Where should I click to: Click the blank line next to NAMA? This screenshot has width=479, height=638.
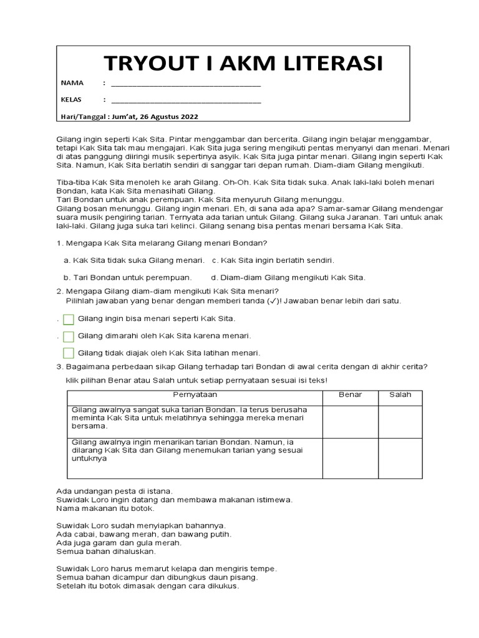pos(186,83)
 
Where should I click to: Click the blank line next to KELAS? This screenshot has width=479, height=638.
pos(186,100)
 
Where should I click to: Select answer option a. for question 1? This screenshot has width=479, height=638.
pos(67,260)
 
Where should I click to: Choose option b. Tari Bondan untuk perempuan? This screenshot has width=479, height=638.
pos(67,277)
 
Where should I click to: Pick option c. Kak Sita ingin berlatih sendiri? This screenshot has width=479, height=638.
pos(215,260)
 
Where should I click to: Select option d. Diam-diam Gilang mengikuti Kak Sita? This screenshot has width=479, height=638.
pos(215,277)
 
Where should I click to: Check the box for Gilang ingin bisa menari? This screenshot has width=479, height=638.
pos(69,320)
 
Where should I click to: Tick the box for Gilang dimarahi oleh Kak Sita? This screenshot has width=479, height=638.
pos(69,336)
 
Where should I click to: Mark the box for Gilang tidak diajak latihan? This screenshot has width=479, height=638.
pos(69,353)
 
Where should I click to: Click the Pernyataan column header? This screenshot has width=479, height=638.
pos(194,395)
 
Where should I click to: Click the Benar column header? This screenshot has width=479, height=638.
pos(350,395)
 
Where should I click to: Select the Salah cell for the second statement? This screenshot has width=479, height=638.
pos(400,458)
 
